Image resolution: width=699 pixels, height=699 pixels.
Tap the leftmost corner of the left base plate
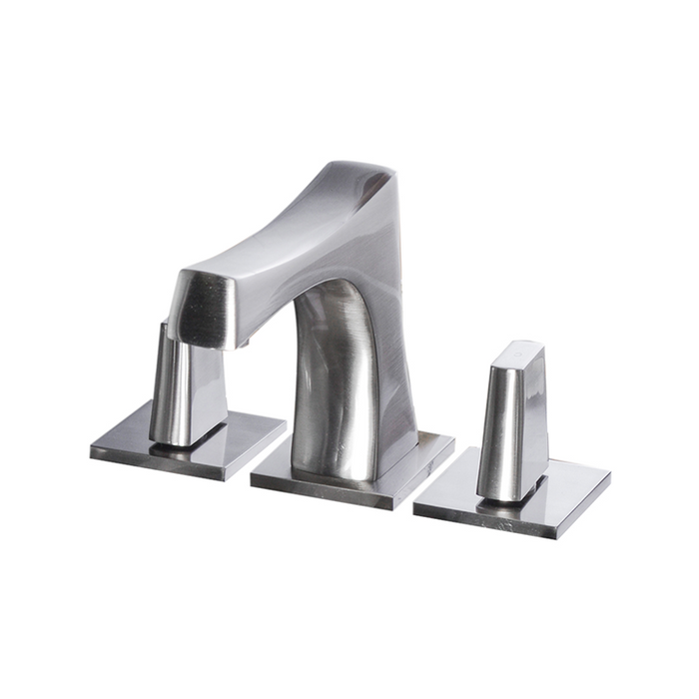pyautogui.click(x=91, y=451)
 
